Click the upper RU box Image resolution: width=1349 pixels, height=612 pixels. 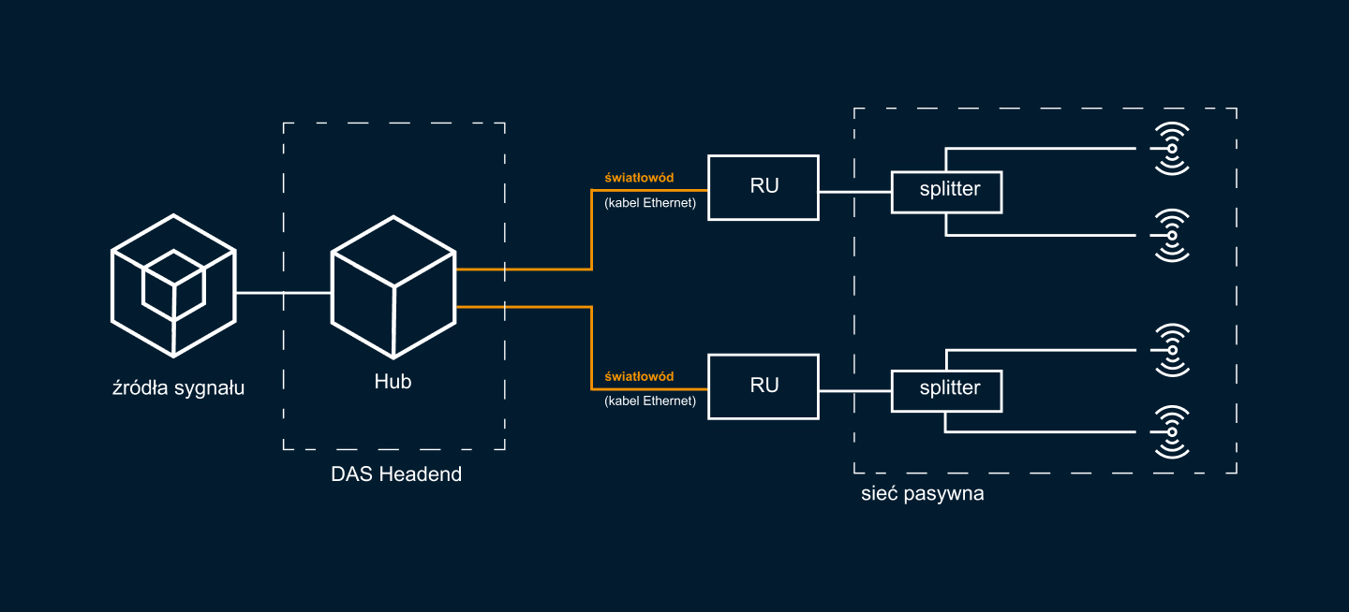coord(763,187)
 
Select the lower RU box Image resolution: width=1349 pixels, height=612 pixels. coord(763,386)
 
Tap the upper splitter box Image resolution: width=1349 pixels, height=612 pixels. coord(946,191)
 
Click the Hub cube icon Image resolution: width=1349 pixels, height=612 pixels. coord(393,287)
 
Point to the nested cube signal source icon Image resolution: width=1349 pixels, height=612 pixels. coord(173,285)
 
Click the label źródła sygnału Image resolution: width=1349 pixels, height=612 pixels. coord(178,387)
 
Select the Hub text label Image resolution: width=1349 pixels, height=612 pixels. coord(393,382)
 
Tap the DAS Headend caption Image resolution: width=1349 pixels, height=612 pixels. coord(396,474)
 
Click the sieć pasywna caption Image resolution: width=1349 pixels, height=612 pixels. coord(922,494)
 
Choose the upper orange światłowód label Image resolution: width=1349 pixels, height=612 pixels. coord(639,177)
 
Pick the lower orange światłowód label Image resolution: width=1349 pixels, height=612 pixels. coord(639,376)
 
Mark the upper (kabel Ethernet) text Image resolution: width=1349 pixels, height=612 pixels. coord(650,202)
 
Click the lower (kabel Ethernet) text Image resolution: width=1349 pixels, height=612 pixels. coord(650,401)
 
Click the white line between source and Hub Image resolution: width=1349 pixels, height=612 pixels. coord(283,293)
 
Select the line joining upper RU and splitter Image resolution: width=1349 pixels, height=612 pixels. coord(854,192)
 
